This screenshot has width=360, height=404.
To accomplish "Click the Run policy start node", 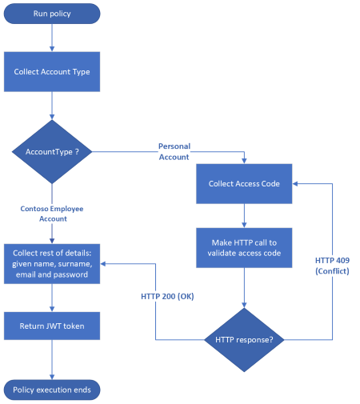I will pyautogui.click(x=52, y=14).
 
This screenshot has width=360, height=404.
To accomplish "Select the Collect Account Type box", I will pyautogui.click(x=52, y=71).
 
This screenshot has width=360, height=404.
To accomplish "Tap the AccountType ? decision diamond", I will pyautogui.click(x=52, y=150).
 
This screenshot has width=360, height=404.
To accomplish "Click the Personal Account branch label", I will pyautogui.click(x=174, y=151).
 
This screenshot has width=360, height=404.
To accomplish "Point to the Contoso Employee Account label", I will pyautogui.click(x=52, y=213).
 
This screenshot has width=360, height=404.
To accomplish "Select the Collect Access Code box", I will pyautogui.click(x=244, y=183).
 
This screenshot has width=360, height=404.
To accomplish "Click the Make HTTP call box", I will pyautogui.click(x=244, y=247).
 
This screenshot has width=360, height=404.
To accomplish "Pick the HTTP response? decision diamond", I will pyautogui.click(x=244, y=339).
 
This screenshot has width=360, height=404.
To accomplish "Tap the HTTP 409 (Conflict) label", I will pyautogui.click(x=332, y=265).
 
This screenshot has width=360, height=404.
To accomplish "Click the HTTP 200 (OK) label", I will pyautogui.click(x=168, y=296).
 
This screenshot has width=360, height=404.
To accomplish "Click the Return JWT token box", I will pyautogui.click(x=52, y=325).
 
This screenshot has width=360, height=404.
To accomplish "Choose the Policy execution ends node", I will pyautogui.click(x=52, y=390).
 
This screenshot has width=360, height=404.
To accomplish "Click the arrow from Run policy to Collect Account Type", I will pyautogui.click(x=52, y=38).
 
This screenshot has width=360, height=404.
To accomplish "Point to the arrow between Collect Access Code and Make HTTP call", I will pyautogui.click(x=244, y=215).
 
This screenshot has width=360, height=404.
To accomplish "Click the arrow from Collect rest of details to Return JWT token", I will pyautogui.click(x=52, y=296).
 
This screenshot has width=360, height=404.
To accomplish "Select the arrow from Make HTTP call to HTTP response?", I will pyautogui.click(x=244, y=286).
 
